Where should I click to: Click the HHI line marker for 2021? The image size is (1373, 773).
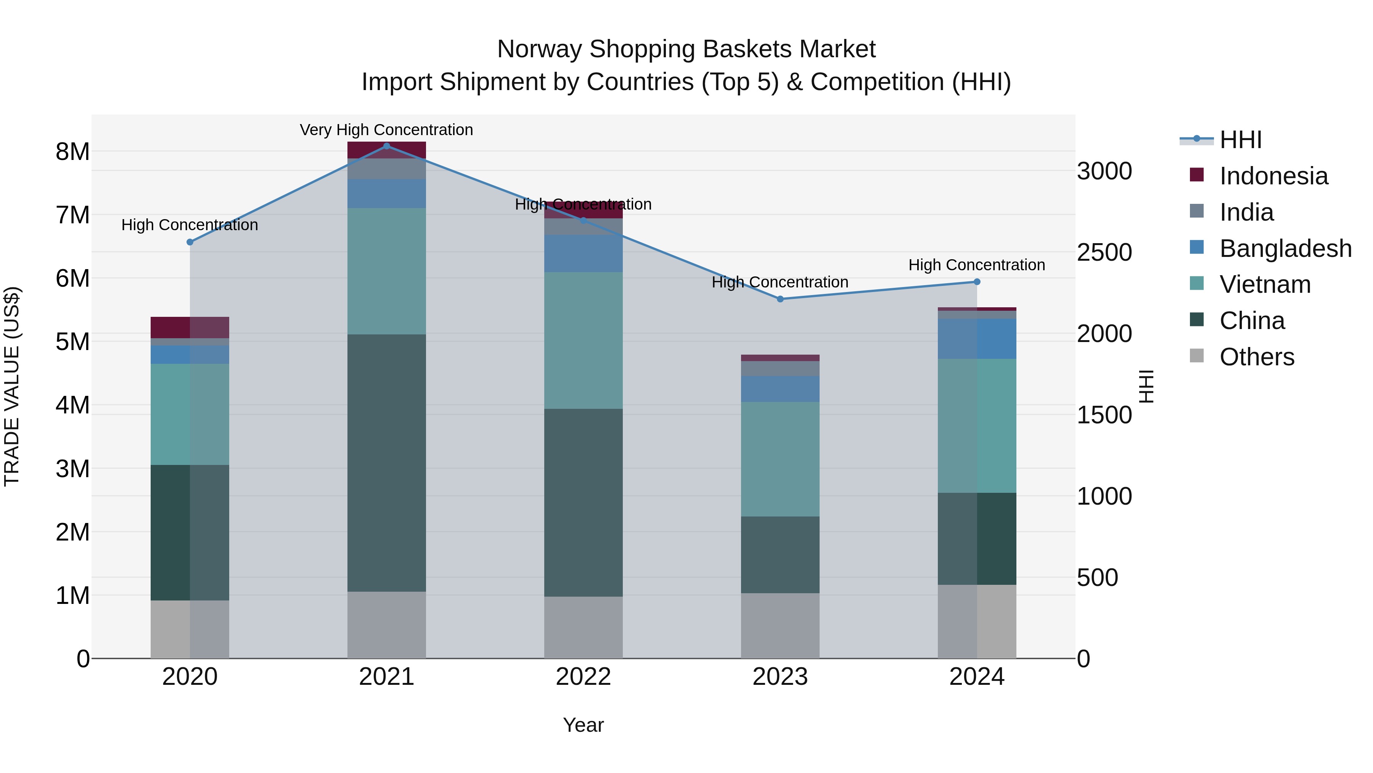[x=386, y=146]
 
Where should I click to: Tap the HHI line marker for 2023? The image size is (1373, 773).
[x=780, y=299]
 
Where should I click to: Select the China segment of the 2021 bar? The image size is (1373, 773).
[x=386, y=463]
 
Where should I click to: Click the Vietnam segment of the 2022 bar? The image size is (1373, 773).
[x=583, y=341]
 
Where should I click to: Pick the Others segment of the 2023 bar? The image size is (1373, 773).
[x=780, y=625]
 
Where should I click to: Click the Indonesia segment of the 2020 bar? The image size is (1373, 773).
[x=190, y=327]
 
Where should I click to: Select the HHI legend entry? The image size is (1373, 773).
[x=1240, y=140]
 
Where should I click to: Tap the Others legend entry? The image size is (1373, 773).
[x=1256, y=357]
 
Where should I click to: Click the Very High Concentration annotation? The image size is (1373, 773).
[x=386, y=130]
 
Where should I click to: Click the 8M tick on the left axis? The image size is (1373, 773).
[x=72, y=152]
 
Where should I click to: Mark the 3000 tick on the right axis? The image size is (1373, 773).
[x=1105, y=171]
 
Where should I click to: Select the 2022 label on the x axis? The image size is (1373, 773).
[x=583, y=677]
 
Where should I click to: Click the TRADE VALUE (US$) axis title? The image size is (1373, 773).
[x=12, y=386]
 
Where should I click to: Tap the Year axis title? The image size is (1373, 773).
[x=583, y=725]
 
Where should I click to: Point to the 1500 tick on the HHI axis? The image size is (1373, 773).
[x=1105, y=415]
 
